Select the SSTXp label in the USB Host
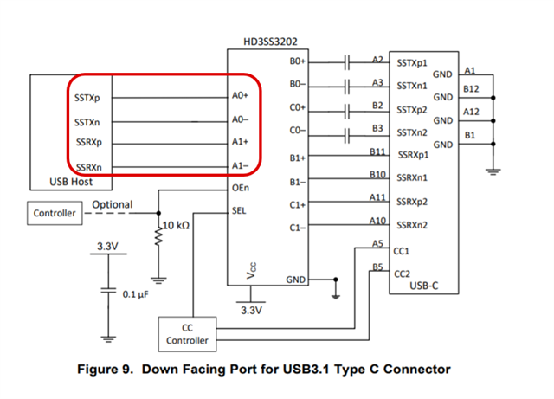(87, 97)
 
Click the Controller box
(54, 212)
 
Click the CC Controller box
(187, 334)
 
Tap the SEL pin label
(239, 209)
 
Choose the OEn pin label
(241, 187)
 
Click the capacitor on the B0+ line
(346, 62)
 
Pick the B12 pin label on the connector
(472, 88)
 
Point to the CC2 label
(402, 274)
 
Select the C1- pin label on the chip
(298, 228)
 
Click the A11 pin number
(377, 197)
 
